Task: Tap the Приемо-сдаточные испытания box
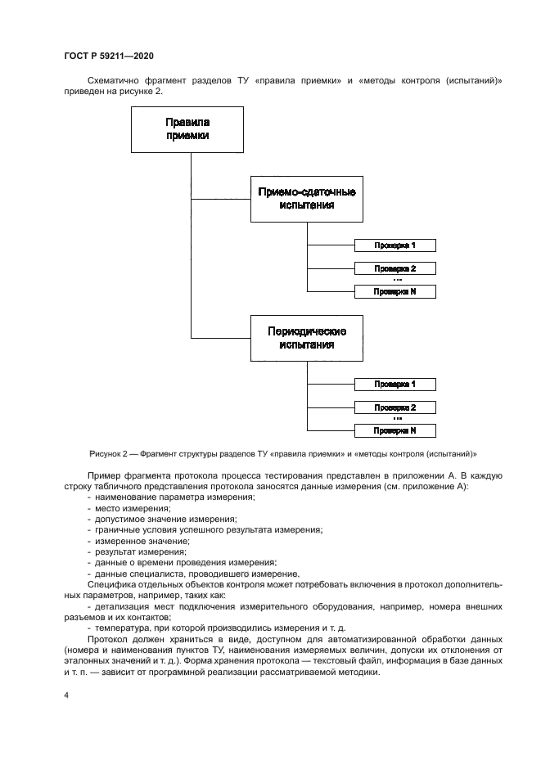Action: click(x=307, y=198)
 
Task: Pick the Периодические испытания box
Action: click(x=307, y=338)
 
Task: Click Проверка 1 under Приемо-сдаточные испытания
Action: click(x=394, y=245)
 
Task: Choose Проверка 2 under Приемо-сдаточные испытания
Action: click(x=394, y=268)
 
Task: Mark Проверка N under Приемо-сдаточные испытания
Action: click(x=394, y=291)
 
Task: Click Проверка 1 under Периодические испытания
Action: click(x=394, y=384)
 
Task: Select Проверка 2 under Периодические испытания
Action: click(x=394, y=407)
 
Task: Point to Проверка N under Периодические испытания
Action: click(x=394, y=430)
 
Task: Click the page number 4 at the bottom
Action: click(x=65, y=696)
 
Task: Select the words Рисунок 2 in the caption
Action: click(x=109, y=453)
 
